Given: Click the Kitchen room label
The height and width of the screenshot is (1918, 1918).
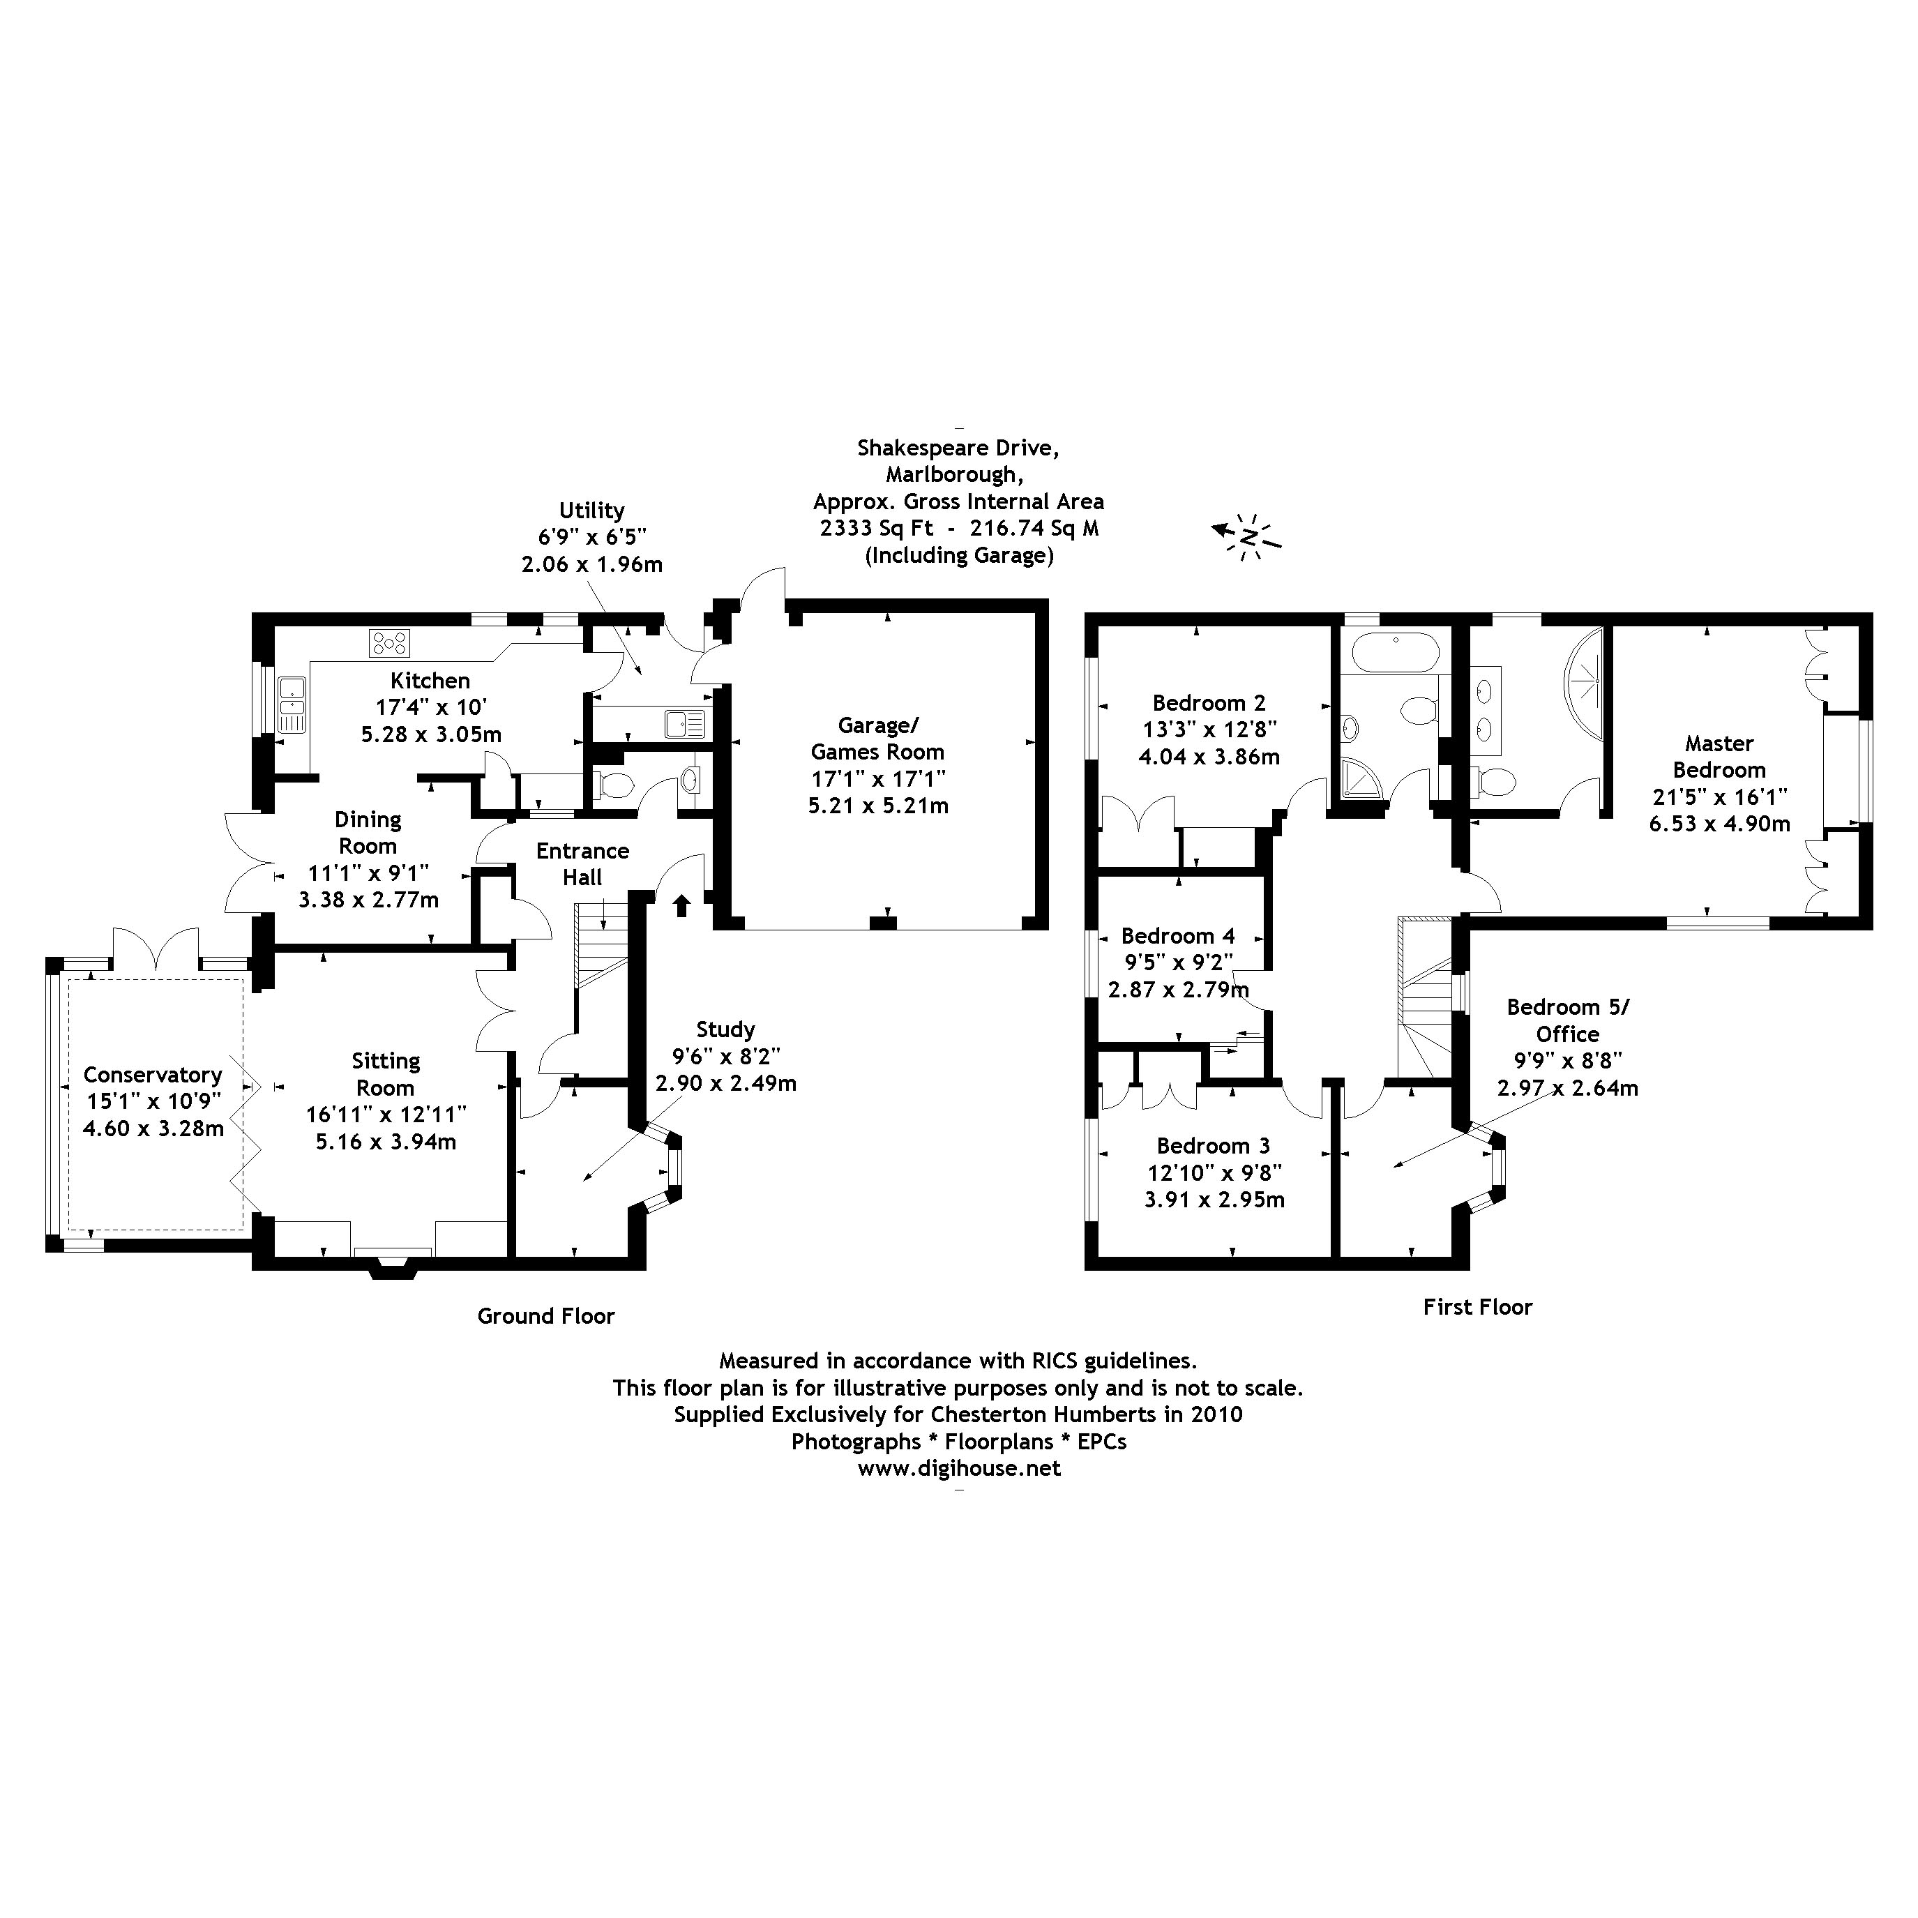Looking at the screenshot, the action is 430,681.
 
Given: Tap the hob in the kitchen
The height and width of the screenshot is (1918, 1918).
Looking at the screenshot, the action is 388,643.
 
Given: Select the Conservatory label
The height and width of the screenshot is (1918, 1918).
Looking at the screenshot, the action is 153,1075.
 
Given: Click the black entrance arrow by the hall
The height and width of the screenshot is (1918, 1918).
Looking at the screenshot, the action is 682,905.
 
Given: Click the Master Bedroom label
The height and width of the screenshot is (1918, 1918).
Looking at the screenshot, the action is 1719,757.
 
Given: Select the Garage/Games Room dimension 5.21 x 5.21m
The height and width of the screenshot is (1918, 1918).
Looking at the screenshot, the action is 877,806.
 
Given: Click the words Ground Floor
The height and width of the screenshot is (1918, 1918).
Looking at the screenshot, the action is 546,1316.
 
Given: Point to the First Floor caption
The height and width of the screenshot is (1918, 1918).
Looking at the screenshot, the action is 1477,1308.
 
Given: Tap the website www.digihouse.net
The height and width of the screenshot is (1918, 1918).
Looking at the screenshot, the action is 959,1468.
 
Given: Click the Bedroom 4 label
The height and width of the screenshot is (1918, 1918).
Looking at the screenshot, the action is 1177,936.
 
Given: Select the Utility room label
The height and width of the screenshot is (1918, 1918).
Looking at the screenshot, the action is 591,511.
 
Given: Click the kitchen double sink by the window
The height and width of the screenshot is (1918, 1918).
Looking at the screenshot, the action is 291,704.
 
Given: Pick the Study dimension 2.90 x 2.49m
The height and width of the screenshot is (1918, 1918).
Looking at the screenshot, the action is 726,1083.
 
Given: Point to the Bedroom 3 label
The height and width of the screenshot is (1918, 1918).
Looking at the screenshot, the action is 1213,1147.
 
